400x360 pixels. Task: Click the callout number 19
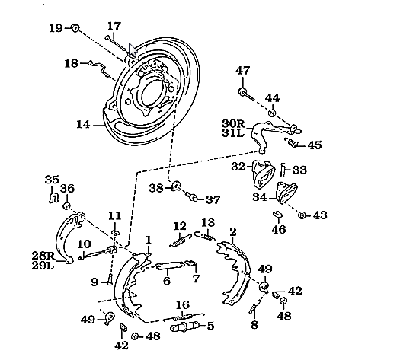(x=56, y=28)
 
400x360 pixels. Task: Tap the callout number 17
(x=114, y=26)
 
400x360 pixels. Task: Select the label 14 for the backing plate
(x=83, y=125)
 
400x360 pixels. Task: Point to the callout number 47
(x=242, y=70)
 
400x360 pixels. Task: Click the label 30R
(x=233, y=123)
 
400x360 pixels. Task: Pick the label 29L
(x=43, y=266)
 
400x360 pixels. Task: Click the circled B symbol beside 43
(x=302, y=215)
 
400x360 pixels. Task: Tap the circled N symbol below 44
(x=272, y=113)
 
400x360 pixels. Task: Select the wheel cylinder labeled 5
(x=184, y=327)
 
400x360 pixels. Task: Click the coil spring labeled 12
(x=180, y=241)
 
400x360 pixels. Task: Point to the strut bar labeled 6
(x=170, y=265)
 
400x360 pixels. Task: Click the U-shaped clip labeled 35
(x=53, y=198)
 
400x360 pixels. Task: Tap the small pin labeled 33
(x=283, y=170)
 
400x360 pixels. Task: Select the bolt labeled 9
(x=110, y=279)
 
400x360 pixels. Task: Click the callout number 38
(x=156, y=188)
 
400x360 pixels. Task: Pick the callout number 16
(x=183, y=305)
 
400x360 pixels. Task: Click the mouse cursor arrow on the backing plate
(x=133, y=49)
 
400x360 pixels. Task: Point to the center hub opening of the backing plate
(x=152, y=93)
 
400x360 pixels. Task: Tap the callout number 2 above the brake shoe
(x=233, y=232)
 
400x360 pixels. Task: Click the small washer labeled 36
(x=66, y=205)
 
